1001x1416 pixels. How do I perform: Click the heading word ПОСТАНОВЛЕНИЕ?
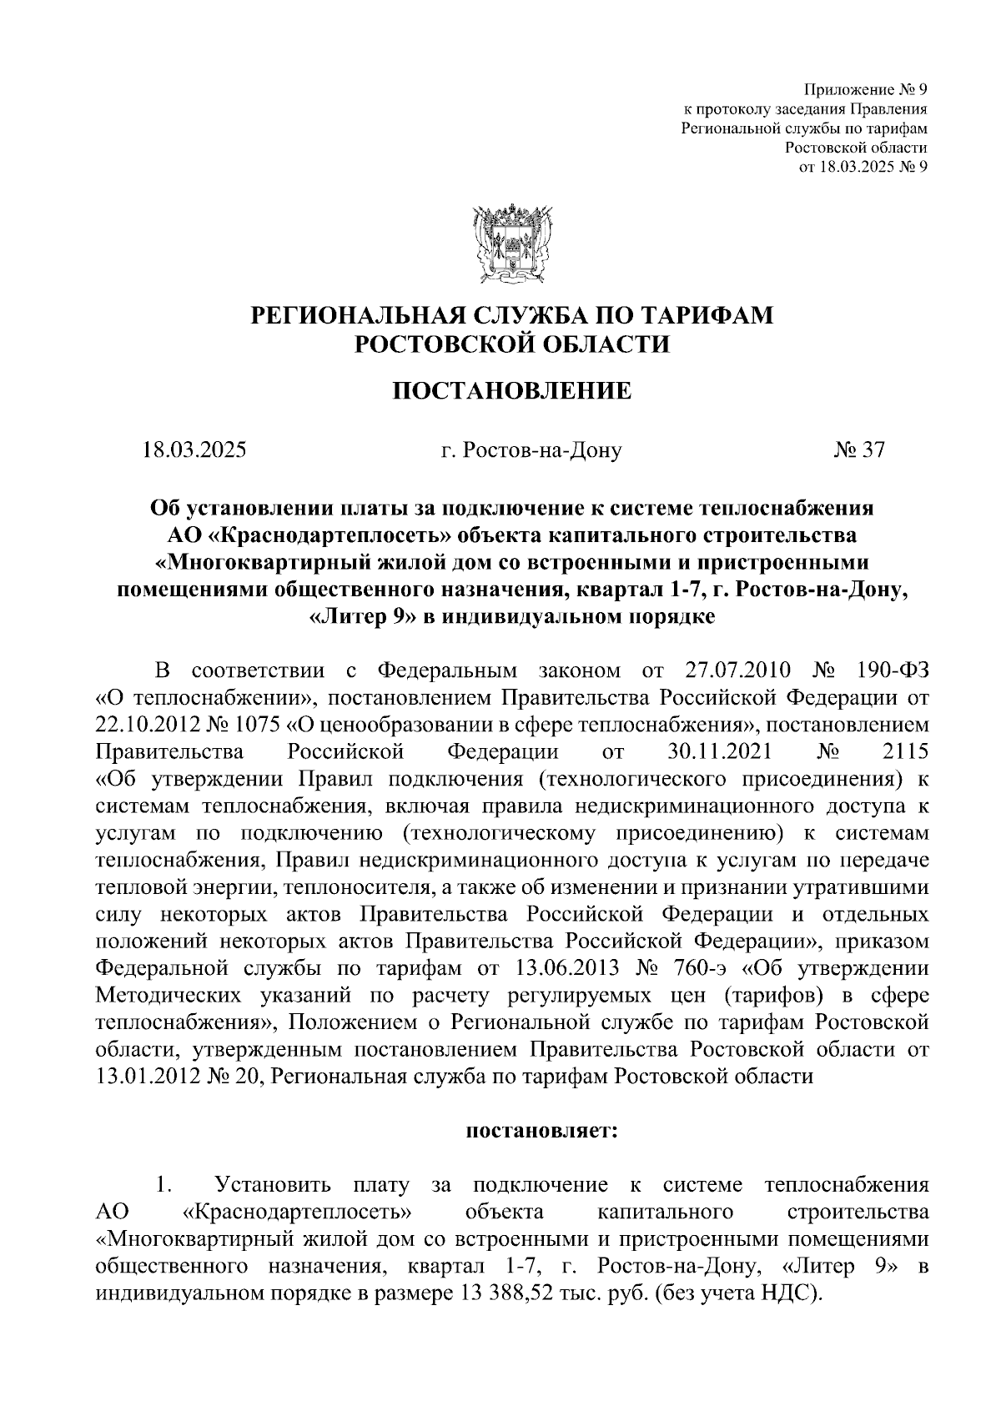coord(512,390)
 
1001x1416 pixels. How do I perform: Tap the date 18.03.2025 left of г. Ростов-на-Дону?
coord(194,450)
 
